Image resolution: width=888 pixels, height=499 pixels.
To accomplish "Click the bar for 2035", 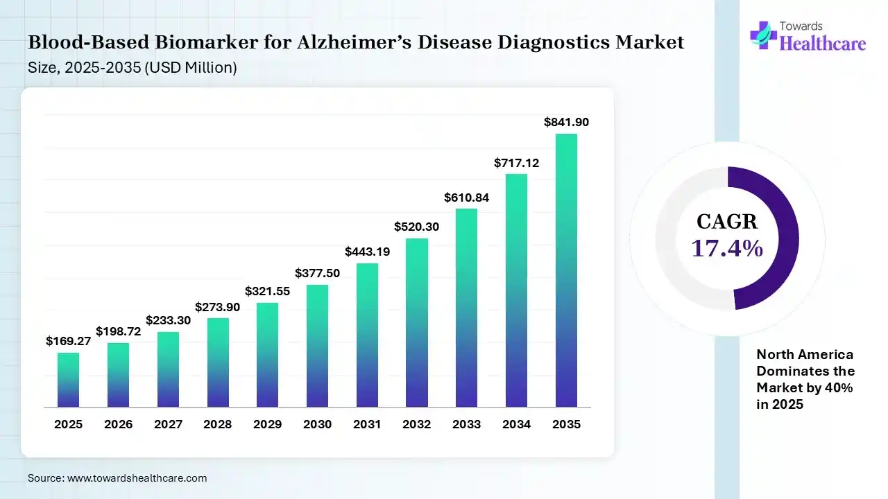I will click(566, 270).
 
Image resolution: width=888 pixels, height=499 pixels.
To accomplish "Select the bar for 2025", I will click(68, 380).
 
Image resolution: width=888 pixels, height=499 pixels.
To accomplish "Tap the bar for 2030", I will click(317, 346).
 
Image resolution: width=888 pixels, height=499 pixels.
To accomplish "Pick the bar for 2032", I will click(417, 322).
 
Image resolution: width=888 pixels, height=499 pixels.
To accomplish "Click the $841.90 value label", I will click(566, 122).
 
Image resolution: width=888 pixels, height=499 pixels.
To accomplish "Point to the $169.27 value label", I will click(68, 341).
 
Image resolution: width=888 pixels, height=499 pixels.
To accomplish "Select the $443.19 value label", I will click(367, 252).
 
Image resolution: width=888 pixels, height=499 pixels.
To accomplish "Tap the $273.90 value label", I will click(217, 306).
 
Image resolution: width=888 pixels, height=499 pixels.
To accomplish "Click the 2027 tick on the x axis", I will click(168, 424).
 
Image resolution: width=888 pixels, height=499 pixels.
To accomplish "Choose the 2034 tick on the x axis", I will click(516, 424).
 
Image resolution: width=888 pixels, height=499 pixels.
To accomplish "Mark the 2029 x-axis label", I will click(267, 424).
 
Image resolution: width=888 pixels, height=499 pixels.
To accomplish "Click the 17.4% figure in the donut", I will click(727, 247).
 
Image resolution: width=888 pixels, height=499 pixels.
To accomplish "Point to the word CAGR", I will click(727, 222).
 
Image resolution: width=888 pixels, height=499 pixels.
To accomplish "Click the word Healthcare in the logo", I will click(823, 44).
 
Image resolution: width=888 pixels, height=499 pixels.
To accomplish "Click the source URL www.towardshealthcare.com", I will click(137, 478).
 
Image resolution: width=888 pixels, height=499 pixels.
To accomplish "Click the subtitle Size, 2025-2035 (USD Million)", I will click(133, 68).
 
